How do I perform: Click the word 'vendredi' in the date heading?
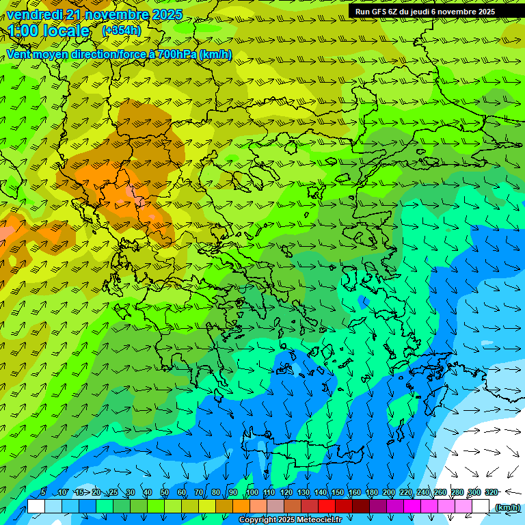tap(33, 14)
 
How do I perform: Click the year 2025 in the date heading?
tap(166, 14)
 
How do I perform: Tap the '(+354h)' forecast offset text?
tap(122, 30)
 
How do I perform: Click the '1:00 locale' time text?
tap(49, 31)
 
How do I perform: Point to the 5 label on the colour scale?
tap(42, 493)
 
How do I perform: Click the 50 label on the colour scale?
tap(165, 493)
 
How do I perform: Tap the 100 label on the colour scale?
tap(252, 493)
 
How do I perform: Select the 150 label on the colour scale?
tap(338, 493)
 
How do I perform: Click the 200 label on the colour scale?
tap(389, 493)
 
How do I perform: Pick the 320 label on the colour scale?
tap(492, 493)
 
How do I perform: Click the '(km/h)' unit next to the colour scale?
tap(507, 507)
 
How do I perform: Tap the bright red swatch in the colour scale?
tap(327, 507)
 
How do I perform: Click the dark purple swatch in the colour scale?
tap(378, 507)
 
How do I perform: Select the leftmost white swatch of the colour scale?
tap(36, 507)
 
